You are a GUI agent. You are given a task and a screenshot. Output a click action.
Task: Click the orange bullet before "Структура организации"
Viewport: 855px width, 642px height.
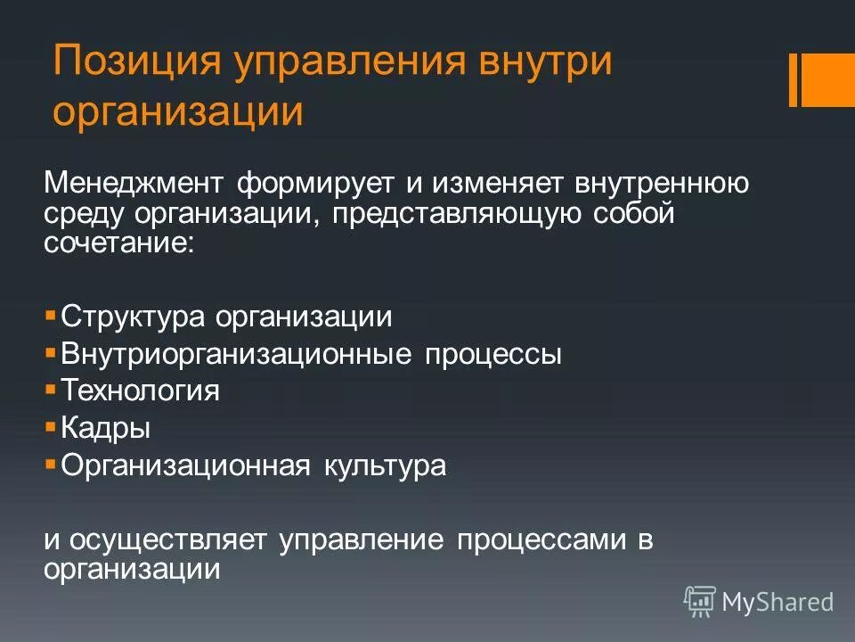(x=51, y=315)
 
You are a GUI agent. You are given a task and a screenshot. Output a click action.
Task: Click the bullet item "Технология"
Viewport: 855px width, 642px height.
(x=140, y=391)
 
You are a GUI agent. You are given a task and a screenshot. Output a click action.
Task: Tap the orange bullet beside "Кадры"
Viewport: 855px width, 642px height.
(x=51, y=427)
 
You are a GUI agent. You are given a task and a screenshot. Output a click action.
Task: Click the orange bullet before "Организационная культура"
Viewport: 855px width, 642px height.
(x=51, y=465)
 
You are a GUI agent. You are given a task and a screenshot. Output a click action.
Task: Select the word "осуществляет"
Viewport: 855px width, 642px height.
(x=169, y=540)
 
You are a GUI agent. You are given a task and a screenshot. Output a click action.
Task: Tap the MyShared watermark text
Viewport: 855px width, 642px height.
(x=778, y=603)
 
